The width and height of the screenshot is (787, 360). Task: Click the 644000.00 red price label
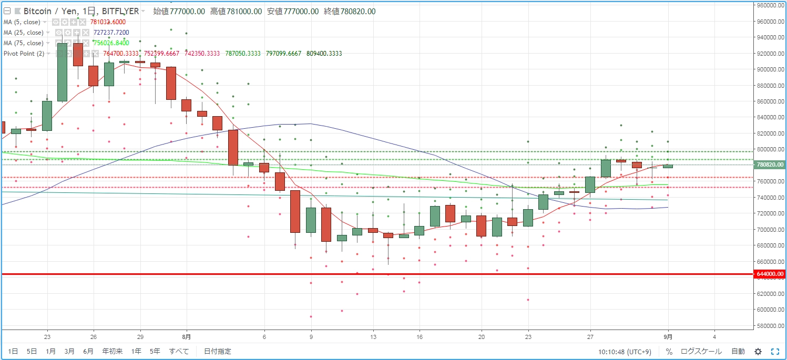[770, 274]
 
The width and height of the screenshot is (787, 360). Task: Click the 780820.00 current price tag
[770, 164]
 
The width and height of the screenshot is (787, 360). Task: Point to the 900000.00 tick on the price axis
[770, 69]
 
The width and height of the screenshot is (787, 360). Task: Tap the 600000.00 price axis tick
[770, 310]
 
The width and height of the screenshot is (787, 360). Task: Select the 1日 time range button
[13, 351]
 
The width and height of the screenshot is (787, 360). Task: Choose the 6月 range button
[88, 351]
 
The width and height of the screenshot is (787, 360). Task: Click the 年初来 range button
[112, 351]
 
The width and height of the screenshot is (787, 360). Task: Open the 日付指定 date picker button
[217, 351]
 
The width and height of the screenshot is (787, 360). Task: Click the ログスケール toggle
[701, 351]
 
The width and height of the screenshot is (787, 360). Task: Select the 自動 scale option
[738, 351]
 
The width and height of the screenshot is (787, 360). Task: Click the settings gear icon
[758, 351]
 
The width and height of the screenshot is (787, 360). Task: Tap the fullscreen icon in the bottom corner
[775, 351]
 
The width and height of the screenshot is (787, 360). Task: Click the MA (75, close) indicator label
[23, 43]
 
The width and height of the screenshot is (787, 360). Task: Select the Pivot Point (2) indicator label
[24, 54]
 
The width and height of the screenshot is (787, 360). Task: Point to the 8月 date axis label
[186, 336]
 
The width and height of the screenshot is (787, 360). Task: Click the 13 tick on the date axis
[373, 336]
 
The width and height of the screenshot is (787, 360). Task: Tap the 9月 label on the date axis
[668, 336]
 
